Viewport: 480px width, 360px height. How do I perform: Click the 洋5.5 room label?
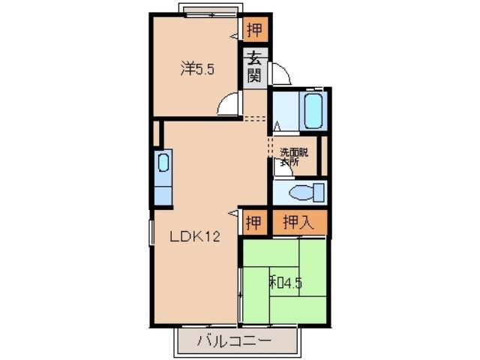pos(197,70)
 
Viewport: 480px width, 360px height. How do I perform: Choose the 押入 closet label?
pos(298,222)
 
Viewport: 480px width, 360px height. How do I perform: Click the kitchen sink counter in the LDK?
pos(163,177)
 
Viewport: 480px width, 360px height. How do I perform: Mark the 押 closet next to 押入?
pos(254,222)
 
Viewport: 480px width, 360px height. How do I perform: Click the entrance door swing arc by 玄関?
pos(280,74)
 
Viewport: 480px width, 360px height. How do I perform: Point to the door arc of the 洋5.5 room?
pos(227,106)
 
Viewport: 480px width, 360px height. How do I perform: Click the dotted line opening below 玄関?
pos(255,118)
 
